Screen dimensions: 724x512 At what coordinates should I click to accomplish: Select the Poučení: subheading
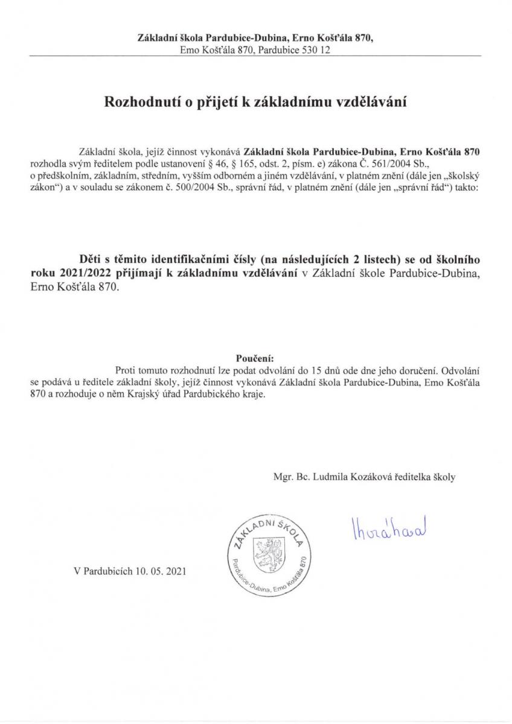click(x=256, y=357)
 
